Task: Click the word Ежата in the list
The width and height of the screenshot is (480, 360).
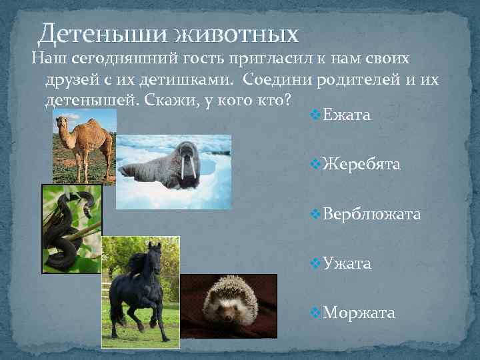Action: click(346, 116)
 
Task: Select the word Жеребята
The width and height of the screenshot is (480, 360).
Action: click(361, 165)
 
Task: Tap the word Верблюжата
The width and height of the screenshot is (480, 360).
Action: click(371, 214)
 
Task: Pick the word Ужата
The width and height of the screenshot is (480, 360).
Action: click(347, 263)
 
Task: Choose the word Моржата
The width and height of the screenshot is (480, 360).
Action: click(359, 313)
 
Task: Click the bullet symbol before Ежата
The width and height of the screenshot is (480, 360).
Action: click(315, 117)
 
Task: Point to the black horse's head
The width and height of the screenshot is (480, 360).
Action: click(153, 253)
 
